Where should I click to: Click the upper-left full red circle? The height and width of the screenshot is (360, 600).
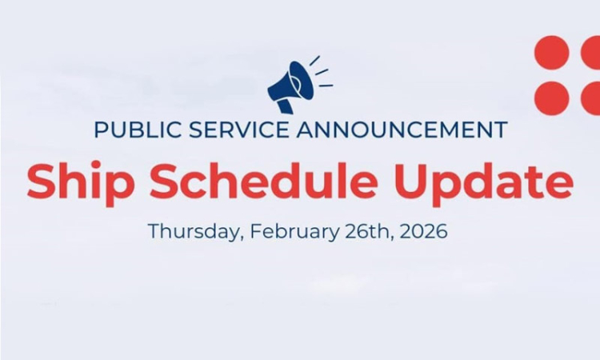(x=551, y=53)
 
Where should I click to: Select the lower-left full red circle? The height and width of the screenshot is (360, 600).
(x=551, y=98)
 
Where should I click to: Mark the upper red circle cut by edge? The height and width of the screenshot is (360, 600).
(x=591, y=53)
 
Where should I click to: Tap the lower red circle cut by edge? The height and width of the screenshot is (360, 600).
(x=591, y=98)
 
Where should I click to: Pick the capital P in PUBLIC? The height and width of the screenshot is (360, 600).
(x=100, y=130)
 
